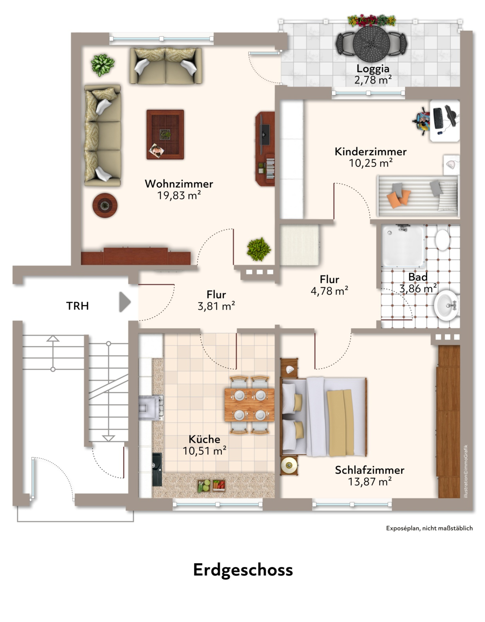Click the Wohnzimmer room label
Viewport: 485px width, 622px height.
click(179, 184)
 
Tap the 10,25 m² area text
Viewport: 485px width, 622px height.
click(371, 163)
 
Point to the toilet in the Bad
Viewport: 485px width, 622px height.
click(442, 240)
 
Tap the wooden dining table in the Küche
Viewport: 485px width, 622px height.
click(250, 405)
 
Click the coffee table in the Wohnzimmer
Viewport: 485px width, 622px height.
click(165, 134)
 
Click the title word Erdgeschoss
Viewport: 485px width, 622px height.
click(243, 570)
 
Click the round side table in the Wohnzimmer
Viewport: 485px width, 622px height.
click(105, 205)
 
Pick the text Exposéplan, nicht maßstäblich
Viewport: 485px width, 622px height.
click(429, 528)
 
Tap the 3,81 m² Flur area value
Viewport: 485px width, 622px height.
click(216, 306)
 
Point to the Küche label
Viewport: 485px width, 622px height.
click(204, 439)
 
